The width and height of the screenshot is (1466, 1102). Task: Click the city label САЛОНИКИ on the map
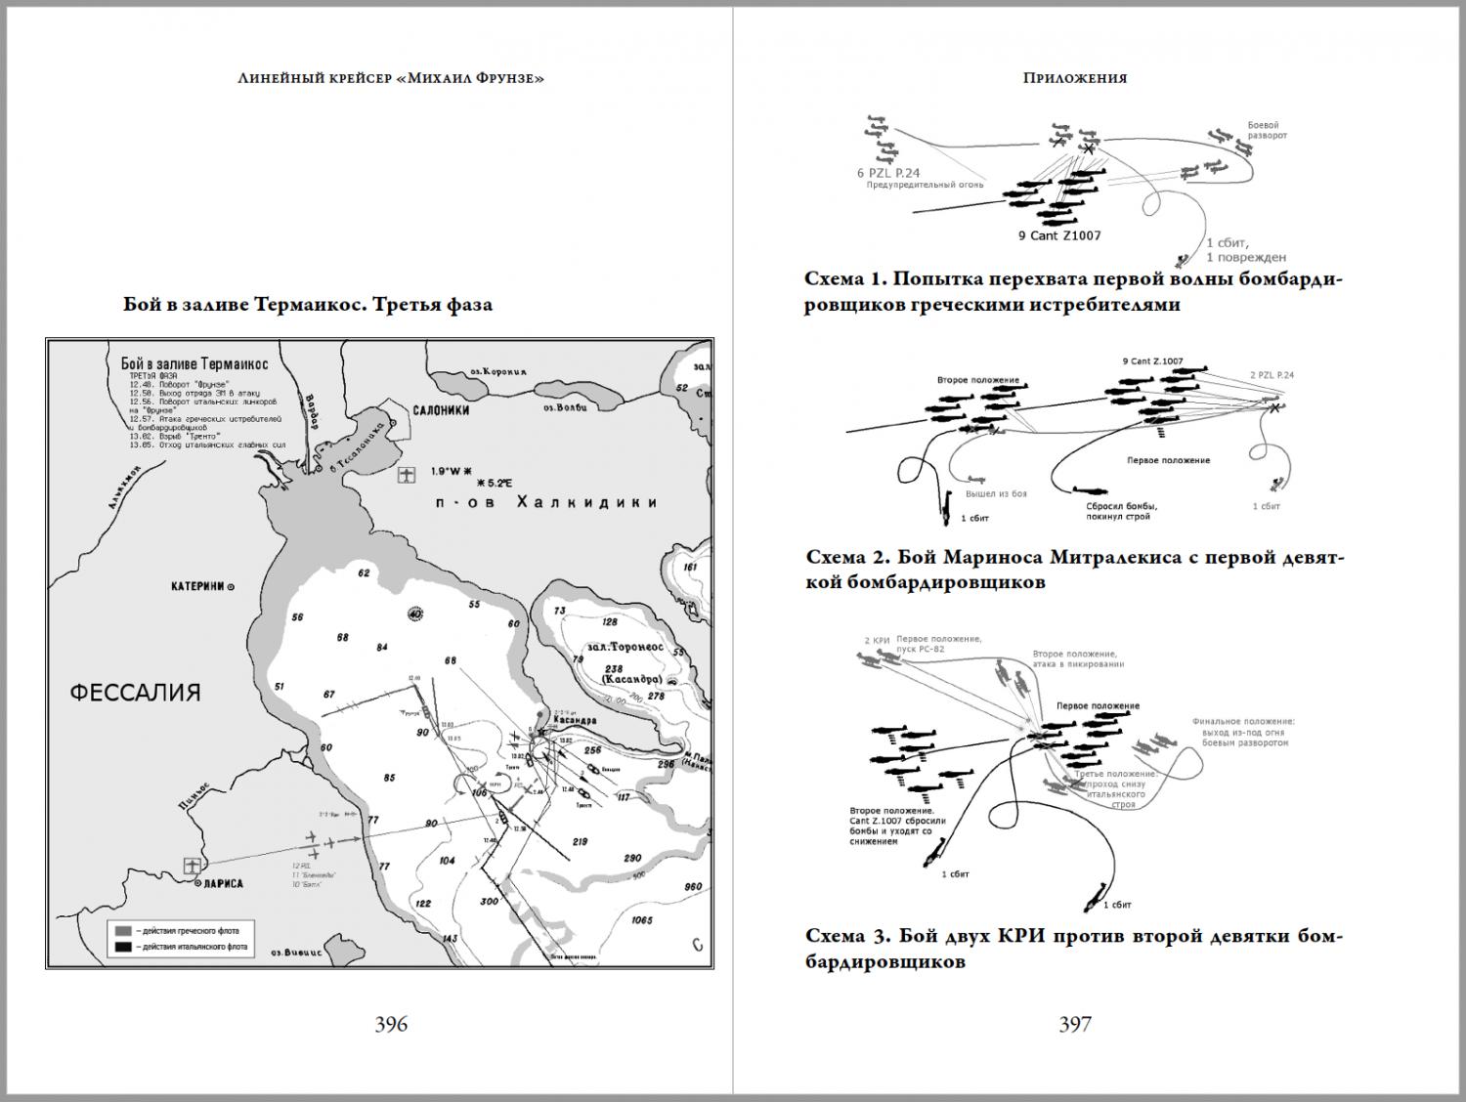(441, 410)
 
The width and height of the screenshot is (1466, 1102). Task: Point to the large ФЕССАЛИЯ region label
(136, 693)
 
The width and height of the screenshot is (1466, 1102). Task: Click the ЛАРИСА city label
(223, 883)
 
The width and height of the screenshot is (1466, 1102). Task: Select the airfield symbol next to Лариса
(193, 866)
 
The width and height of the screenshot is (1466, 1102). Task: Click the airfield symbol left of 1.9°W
(407, 476)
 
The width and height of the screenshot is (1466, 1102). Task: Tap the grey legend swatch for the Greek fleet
(123, 929)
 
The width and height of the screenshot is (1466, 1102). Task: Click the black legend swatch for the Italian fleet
(123, 947)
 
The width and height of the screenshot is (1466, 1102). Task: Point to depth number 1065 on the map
(642, 919)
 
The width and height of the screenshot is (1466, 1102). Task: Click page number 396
(391, 1024)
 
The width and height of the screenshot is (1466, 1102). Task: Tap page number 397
(1075, 1024)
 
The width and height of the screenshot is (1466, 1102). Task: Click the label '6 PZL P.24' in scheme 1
(887, 173)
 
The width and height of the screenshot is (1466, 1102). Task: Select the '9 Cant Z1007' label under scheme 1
(1059, 235)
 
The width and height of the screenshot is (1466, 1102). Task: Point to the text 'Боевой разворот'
(1267, 130)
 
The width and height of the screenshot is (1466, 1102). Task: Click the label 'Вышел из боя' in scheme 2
(996, 493)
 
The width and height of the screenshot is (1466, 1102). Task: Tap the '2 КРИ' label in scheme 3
(876, 640)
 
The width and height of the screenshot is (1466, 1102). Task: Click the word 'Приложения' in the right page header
(1075, 78)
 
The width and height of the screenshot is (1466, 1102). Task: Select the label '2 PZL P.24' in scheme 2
(1272, 375)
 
